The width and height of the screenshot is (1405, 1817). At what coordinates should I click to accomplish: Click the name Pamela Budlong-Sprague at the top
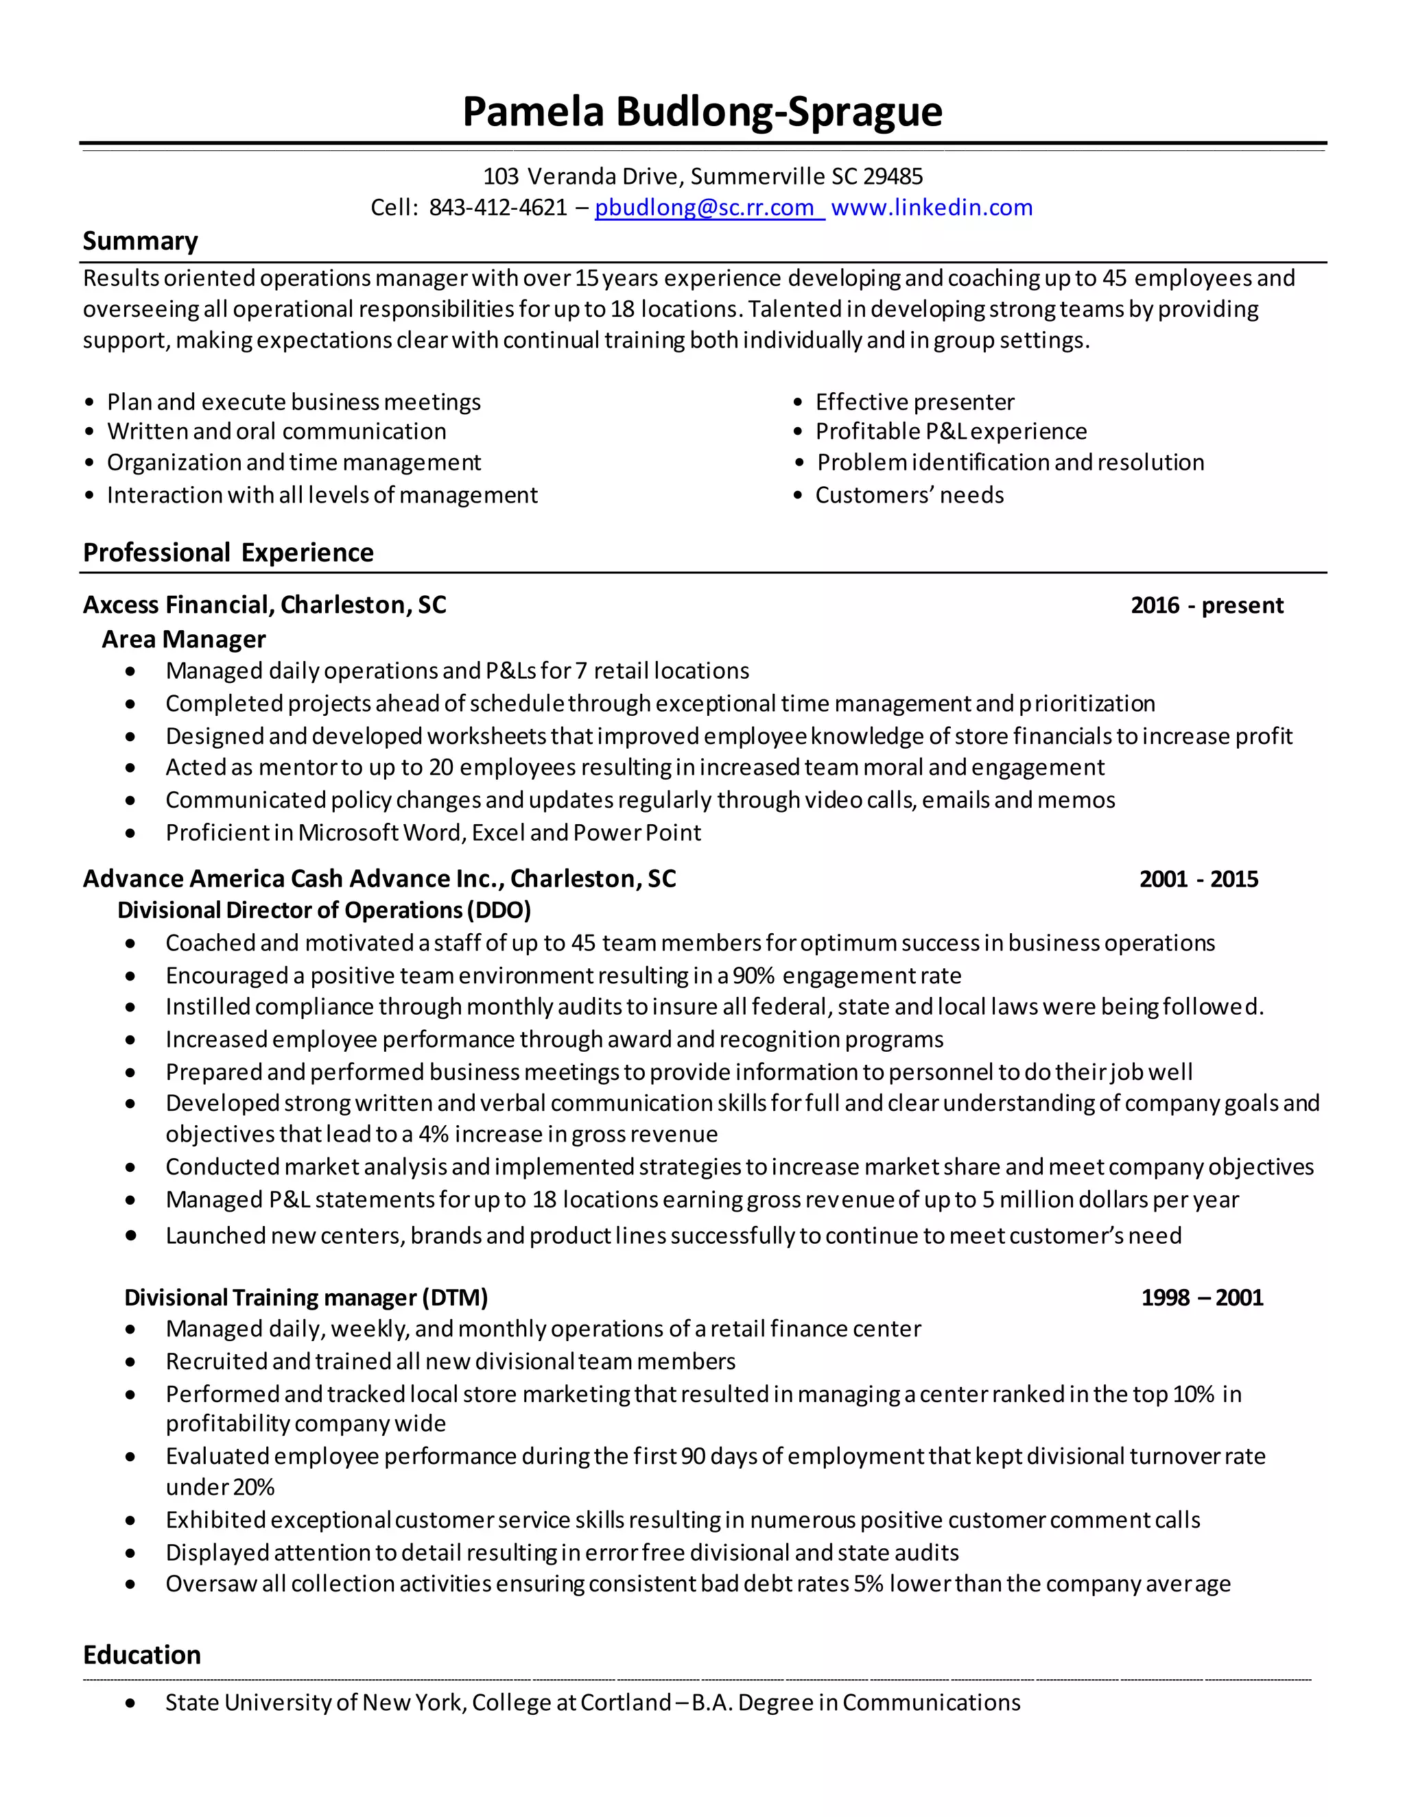[702, 112]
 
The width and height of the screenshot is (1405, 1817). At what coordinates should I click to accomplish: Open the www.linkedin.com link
[932, 207]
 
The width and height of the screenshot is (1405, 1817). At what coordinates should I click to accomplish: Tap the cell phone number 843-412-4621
[498, 207]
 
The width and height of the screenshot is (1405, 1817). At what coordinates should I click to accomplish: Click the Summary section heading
[140, 241]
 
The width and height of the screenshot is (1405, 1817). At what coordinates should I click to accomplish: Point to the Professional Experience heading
[228, 553]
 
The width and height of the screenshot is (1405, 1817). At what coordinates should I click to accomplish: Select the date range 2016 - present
[1206, 605]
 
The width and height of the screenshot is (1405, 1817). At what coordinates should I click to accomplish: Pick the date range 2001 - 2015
[1198, 880]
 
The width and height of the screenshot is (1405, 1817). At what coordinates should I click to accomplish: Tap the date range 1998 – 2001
[1201, 1298]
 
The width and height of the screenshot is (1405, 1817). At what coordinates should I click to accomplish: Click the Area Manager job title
[183, 639]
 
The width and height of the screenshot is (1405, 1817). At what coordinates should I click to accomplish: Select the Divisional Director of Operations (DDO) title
[324, 910]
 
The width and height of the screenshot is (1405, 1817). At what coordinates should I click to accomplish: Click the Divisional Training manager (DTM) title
[305, 1298]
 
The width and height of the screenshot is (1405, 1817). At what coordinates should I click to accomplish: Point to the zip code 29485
[893, 176]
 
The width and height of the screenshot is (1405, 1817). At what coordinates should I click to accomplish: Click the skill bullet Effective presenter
[914, 402]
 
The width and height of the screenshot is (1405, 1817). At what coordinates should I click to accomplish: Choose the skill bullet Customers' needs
[909, 495]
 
